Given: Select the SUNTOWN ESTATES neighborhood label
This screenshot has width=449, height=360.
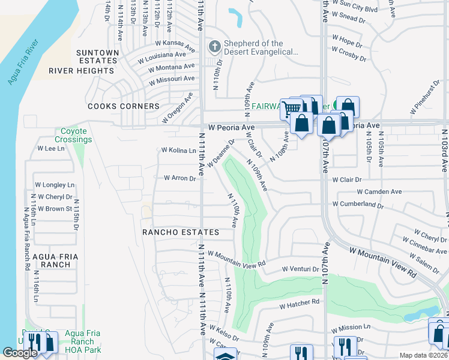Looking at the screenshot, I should (x=97, y=56).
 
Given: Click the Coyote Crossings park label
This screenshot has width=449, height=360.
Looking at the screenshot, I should (x=74, y=135).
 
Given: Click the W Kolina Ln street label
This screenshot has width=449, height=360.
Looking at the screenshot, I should (x=178, y=151).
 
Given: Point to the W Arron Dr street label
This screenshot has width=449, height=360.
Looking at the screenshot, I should (x=180, y=178).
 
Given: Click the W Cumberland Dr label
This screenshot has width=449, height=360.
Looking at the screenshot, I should (x=359, y=205).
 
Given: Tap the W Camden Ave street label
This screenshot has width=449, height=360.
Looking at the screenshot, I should (x=379, y=192).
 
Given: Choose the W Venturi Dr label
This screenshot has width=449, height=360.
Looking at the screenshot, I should (x=300, y=269).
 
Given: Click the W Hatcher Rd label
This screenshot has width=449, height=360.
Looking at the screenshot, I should (x=299, y=305).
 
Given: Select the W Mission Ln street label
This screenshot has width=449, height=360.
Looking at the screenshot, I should (x=351, y=328).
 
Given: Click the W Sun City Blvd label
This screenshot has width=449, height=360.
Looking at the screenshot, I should (x=358, y=10).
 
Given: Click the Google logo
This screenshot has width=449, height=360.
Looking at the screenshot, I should (x=20, y=353).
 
